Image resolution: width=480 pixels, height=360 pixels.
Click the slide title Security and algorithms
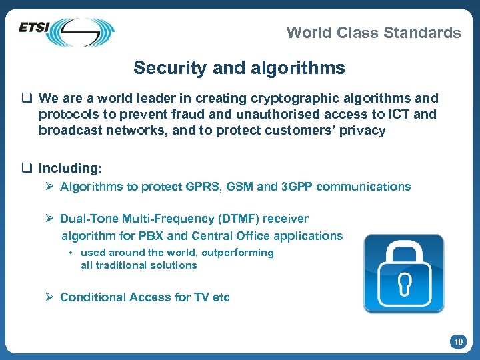click(x=239, y=68)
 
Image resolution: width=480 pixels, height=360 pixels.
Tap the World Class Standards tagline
click(x=373, y=33)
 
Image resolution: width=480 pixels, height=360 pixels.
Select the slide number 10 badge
click(x=458, y=342)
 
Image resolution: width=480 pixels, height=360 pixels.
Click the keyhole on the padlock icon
click(x=403, y=285)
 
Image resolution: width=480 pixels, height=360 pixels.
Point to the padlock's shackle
click(x=404, y=251)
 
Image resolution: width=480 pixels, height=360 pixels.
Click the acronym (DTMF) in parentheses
click(x=238, y=219)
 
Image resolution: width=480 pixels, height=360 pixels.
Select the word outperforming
click(x=237, y=253)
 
